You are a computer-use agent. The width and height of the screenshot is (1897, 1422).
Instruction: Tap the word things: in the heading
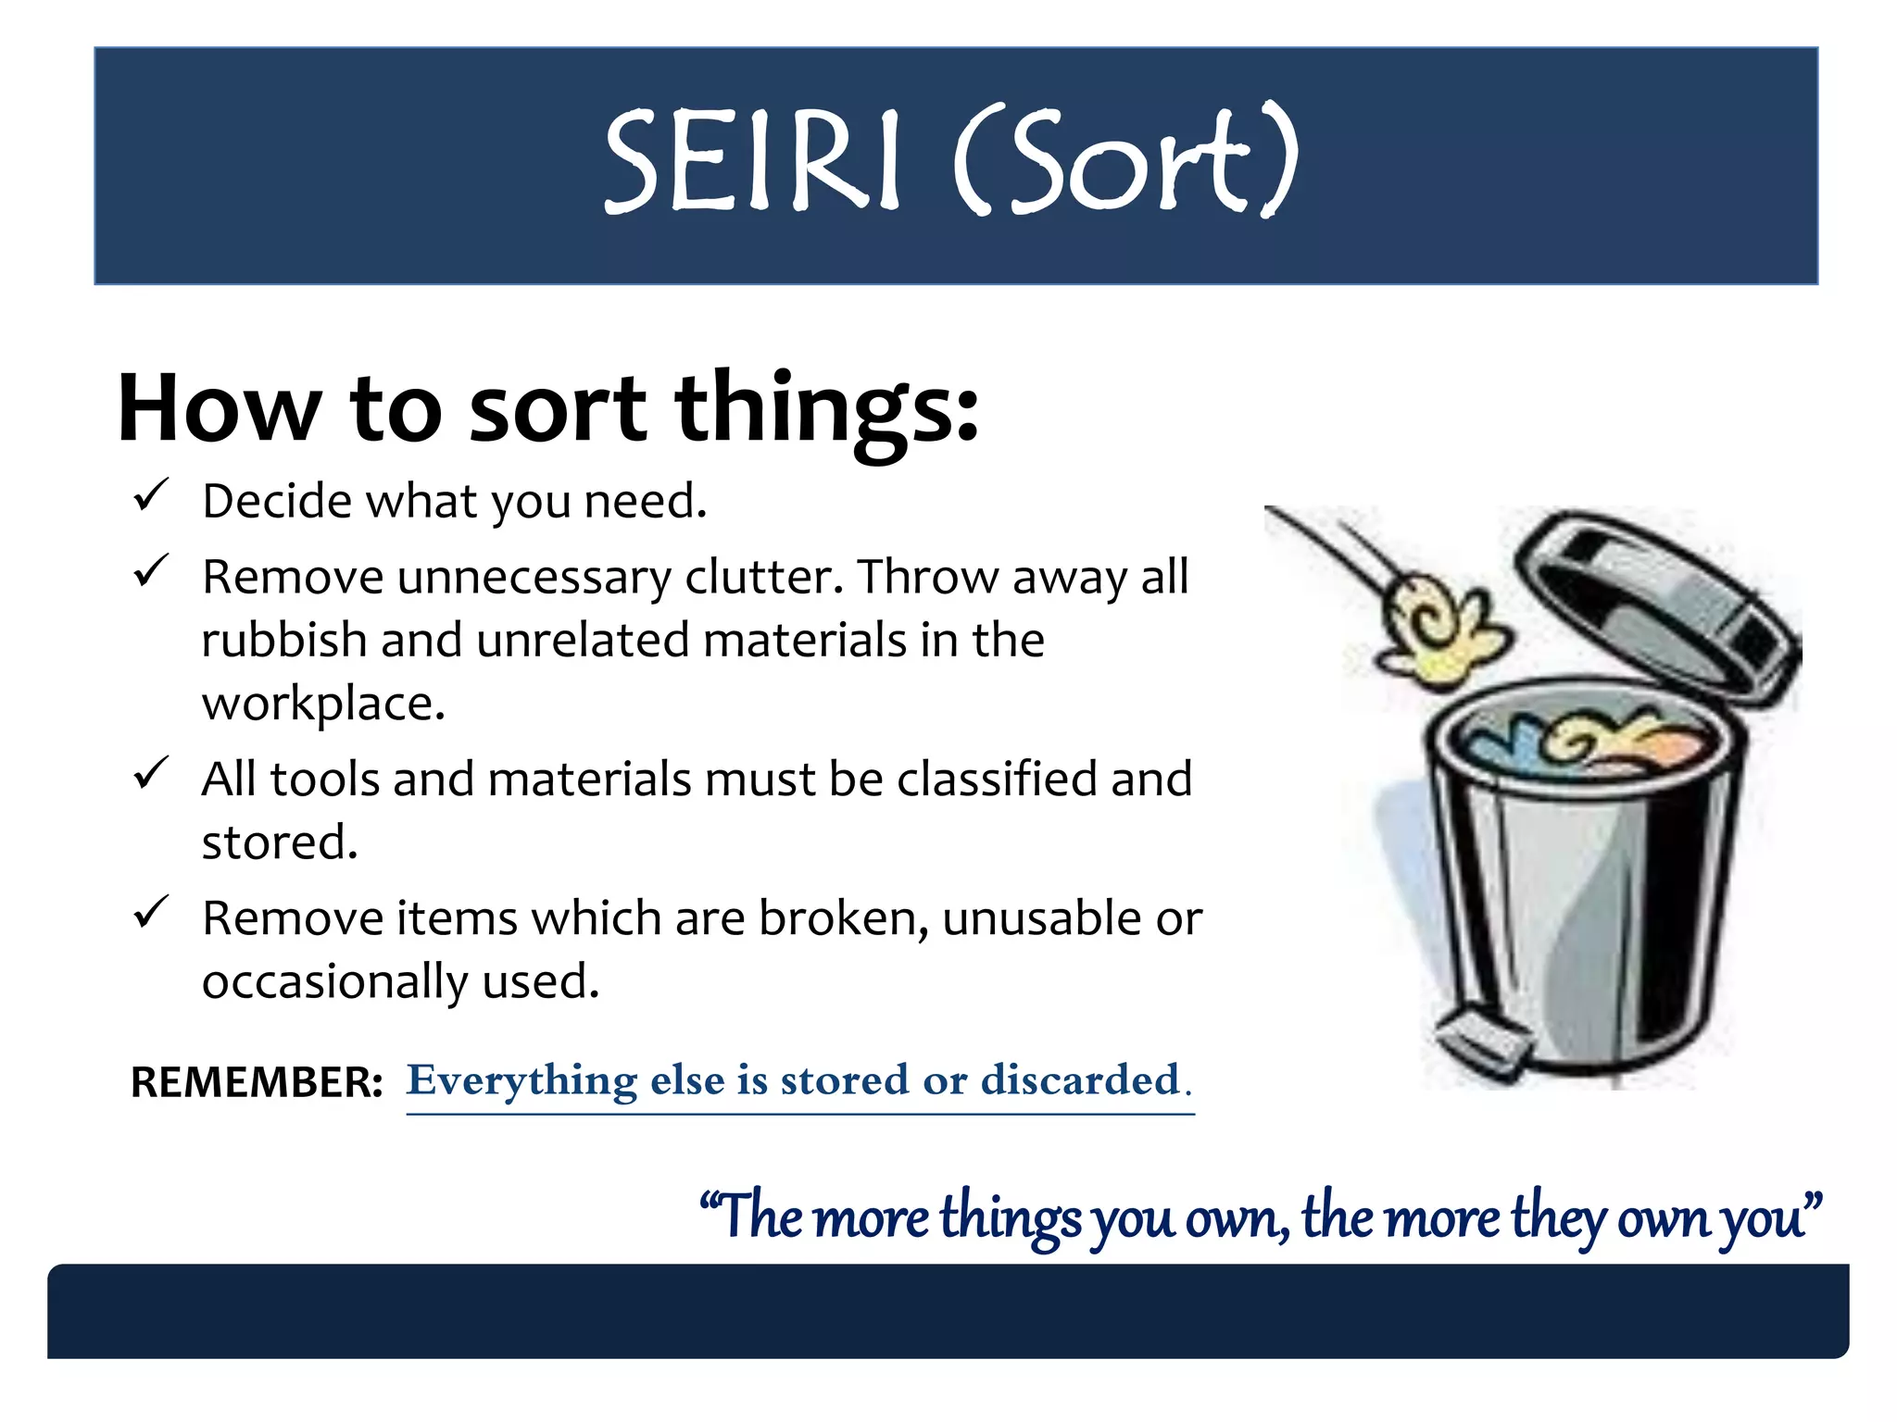(x=826, y=409)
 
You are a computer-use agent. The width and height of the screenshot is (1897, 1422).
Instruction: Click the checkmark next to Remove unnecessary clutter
(x=150, y=571)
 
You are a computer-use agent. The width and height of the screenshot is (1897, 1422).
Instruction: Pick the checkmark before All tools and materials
(x=150, y=773)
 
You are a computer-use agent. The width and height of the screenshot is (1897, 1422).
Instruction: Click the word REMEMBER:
(x=257, y=1082)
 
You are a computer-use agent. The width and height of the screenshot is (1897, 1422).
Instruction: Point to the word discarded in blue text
(x=1080, y=1080)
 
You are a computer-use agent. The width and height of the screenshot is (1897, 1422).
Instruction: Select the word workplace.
(x=323, y=704)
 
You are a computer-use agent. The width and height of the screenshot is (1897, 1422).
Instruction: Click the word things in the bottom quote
(x=1010, y=1217)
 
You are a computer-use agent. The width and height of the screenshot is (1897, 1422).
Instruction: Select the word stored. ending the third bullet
(x=279, y=842)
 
